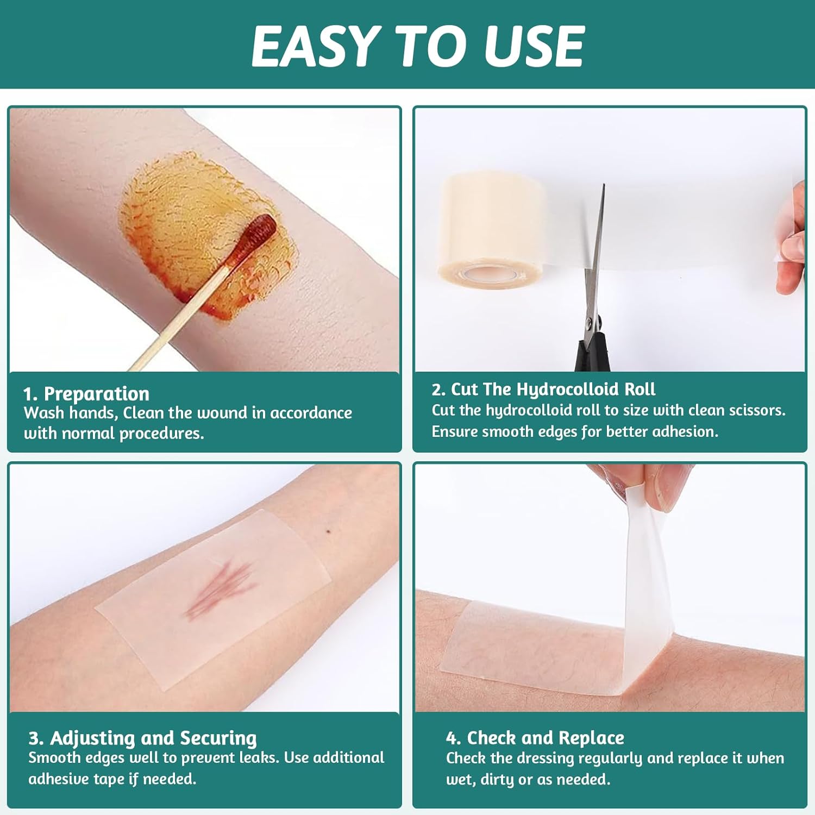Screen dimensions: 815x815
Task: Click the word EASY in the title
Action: (316, 46)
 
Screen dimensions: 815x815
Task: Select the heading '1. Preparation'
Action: (86, 393)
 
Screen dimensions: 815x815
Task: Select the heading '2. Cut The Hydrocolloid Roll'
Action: (543, 390)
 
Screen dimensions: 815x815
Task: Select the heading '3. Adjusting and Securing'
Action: (143, 738)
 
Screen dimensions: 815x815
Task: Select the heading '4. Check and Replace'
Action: (535, 738)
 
